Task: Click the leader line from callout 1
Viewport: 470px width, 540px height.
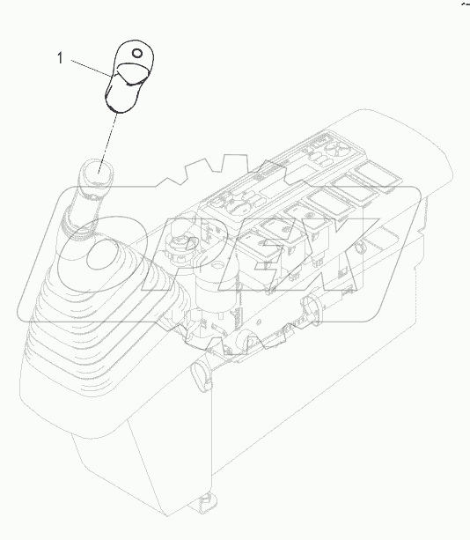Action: pos(88,69)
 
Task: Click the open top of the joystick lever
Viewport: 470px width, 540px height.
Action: pos(98,166)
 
